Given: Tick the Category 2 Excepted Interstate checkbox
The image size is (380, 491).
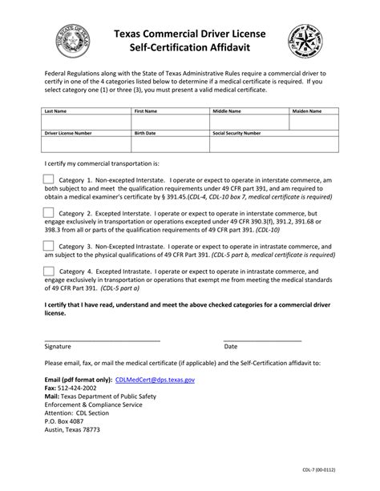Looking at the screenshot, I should [x=48, y=213].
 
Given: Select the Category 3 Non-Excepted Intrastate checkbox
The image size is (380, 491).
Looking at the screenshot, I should [x=48, y=246].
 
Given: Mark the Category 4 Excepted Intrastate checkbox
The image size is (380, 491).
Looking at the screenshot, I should [x=48, y=272].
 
